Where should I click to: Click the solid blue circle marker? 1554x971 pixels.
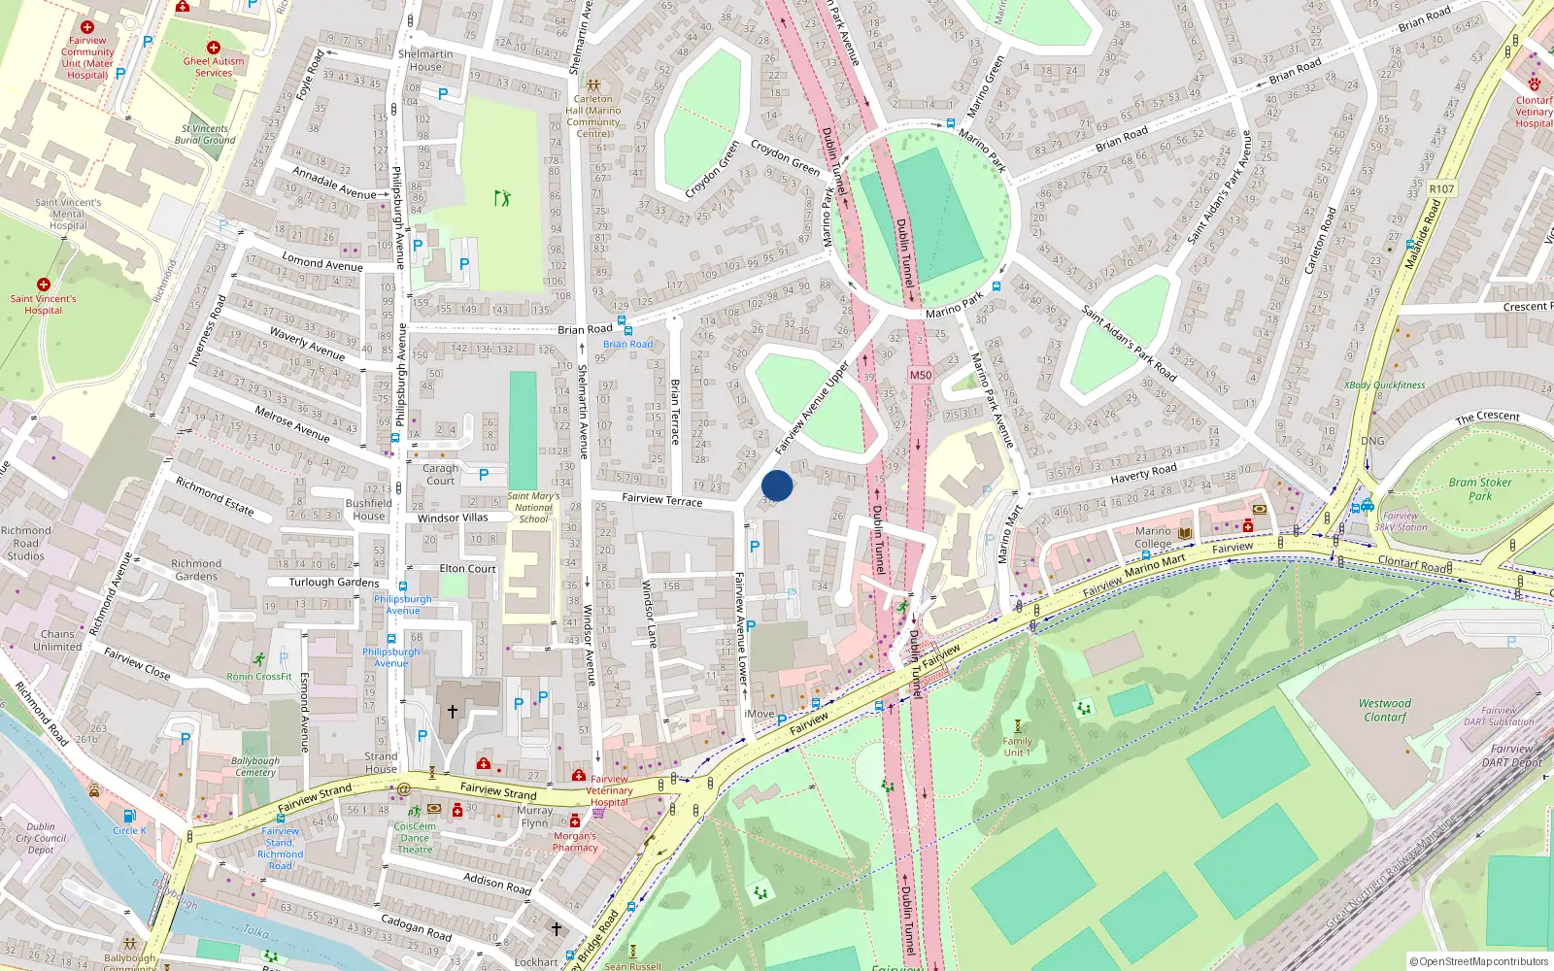(777, 485)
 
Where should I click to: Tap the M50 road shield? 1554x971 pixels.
(920, 375)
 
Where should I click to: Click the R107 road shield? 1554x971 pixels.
(1441, 189)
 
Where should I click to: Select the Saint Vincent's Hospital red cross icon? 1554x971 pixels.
(43, 285)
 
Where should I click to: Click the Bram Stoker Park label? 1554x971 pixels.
(1479, 488)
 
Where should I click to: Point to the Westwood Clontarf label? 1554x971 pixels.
(1384, 710)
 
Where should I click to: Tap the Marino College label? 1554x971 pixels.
(1153, 537)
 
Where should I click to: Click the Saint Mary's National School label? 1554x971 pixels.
(533, 507)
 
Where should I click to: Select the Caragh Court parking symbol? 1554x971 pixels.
(484, 475)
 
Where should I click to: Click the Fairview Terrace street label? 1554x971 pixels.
(661, 499)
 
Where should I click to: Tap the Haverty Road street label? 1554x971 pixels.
(1143, 473)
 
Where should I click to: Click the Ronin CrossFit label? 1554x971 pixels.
(259, 676)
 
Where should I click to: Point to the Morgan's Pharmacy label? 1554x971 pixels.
(575, 841)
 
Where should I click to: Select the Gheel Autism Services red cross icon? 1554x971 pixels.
(214, 48)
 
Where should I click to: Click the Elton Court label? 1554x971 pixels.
(467, 569)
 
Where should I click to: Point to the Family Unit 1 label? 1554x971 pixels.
(1017, 746)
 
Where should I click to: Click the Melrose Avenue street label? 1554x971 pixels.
(292, 423)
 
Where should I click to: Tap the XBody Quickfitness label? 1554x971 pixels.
(1384, 385)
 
